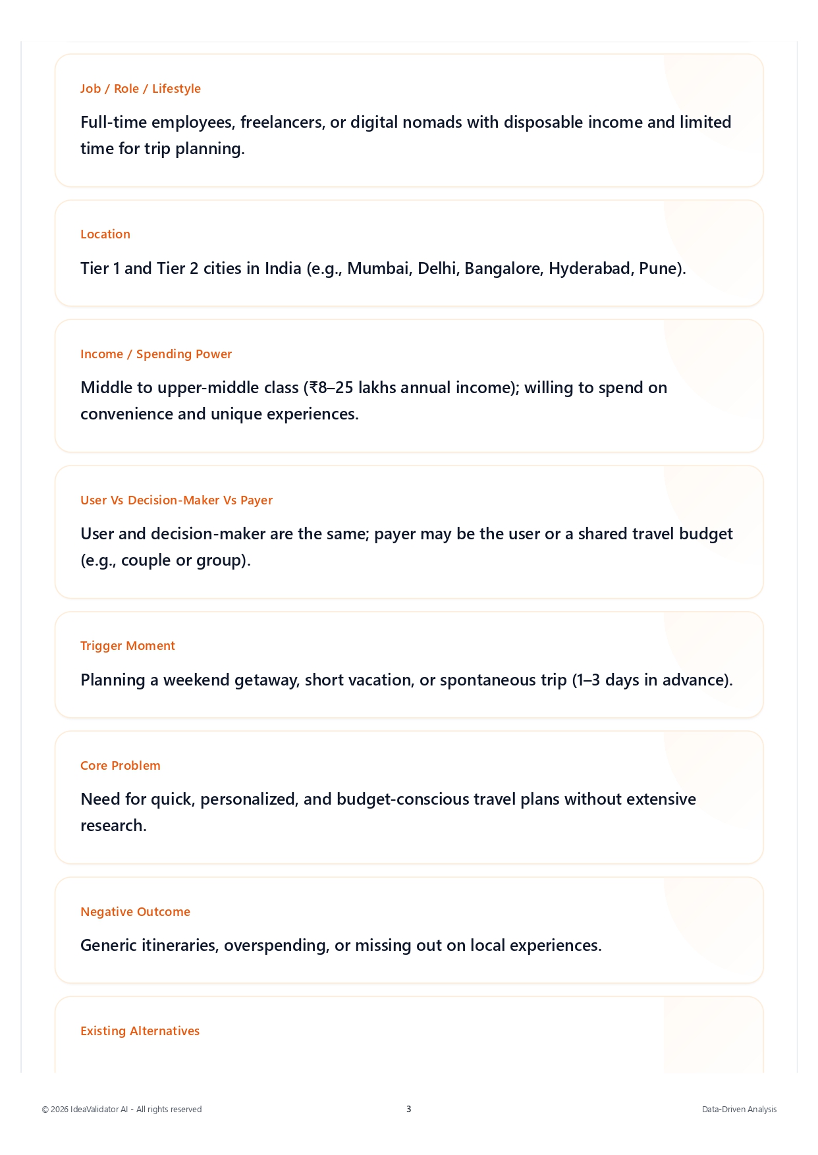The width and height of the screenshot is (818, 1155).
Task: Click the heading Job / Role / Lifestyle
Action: (140, 89)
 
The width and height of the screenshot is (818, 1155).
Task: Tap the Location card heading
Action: (105, 234)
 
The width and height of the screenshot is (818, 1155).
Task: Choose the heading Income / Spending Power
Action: (156, 354)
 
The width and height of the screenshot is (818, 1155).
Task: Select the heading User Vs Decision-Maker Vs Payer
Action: (177, 500)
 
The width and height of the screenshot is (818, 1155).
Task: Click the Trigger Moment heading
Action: (128, 646)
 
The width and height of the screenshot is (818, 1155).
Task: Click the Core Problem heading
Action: (121, 766)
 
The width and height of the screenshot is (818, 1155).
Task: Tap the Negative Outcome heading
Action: (135, 912)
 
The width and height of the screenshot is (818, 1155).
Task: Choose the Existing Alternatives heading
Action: (140, 1031)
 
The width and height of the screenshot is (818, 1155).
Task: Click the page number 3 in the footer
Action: (408, 1110)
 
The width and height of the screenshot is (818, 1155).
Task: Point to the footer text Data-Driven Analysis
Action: (739, 1110)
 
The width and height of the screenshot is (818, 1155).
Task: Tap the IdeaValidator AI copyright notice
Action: (122, 1110)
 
